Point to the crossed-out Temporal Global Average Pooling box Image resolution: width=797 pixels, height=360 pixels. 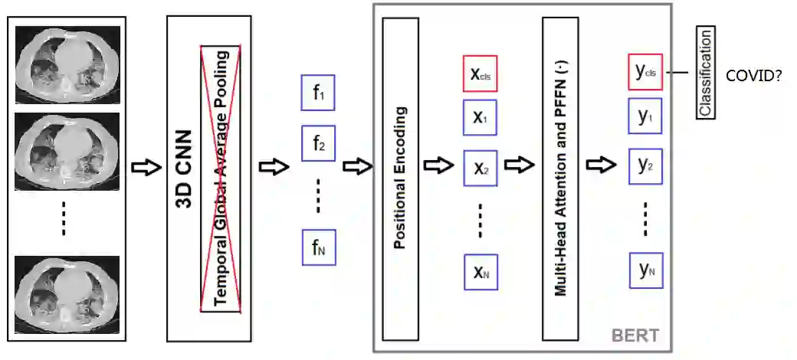[x=221, y=178]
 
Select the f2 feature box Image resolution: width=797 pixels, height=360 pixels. [x=319, y=143]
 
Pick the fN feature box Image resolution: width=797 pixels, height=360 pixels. [x=319, y=247]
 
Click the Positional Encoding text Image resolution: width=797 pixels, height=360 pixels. [x=399, y=178]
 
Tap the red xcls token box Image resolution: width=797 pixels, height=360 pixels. [x=480, y=74]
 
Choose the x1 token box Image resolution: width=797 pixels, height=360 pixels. [x=480, y=117]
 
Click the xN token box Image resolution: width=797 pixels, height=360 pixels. [x=480, y=271]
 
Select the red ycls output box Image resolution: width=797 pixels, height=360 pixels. [x=645, y=73]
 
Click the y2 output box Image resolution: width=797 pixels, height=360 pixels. [x=645, y=165]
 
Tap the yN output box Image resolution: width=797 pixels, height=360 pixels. [x=645, y=269]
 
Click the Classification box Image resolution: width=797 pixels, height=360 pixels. [x=705, y=73]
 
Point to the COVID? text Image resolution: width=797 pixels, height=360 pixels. [x=753, y=75]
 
